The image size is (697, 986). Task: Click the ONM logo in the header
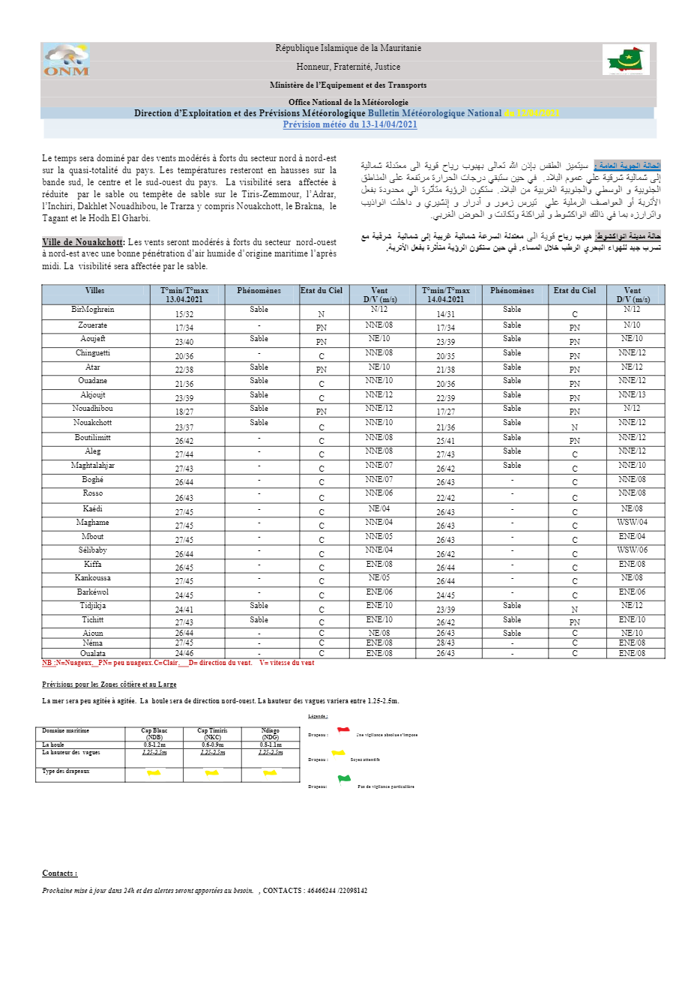point(66,60)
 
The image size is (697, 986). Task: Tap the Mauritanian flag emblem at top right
point(626,60)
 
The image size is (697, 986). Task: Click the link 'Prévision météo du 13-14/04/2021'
point(350,124)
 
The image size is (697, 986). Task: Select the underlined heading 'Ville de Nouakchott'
point(82,242)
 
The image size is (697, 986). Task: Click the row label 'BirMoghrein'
point(93,309)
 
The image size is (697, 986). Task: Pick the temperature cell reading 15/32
point(184,314)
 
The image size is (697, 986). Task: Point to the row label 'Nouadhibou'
point(93,409)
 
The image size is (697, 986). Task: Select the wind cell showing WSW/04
point(632,523)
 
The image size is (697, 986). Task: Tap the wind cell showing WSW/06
point(632,550)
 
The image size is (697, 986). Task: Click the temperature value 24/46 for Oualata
point(184,653)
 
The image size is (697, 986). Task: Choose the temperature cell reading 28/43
point(445,643)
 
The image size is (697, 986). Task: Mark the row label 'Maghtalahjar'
point(93,466)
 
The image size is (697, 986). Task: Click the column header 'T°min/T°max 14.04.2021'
point(445,295)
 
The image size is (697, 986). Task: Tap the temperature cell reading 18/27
point(184,412)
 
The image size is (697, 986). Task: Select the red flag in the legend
point(343,730)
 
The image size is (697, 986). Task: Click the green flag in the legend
point(343,779)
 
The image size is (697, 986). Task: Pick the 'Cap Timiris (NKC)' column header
point(212,734)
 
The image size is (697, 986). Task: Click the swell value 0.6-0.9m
point(212,745)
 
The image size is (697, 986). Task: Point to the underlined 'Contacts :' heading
point(59,874)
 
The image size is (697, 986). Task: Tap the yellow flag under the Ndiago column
point(270,772)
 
